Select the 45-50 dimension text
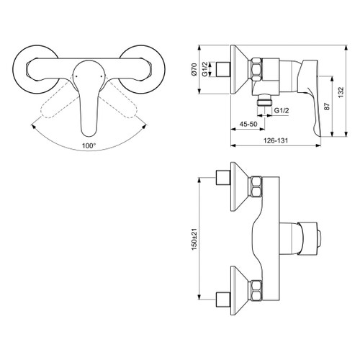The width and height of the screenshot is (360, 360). (248, 125)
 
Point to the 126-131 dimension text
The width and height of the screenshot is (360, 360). (271, 141)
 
